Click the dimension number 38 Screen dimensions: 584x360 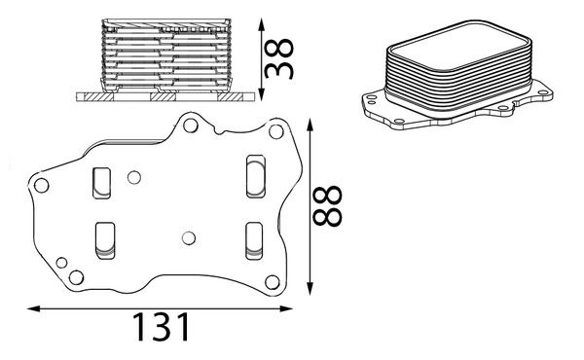279,58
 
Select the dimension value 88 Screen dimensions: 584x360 327,206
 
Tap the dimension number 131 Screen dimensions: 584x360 161,327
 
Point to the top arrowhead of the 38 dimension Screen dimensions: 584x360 262,24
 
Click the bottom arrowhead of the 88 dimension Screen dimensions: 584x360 310,288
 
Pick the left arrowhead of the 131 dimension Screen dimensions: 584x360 34,308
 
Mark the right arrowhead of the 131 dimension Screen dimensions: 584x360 285,308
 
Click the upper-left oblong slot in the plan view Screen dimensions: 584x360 101,183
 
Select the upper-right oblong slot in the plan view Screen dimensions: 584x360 256,176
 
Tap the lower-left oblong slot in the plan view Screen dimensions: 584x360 105,240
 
